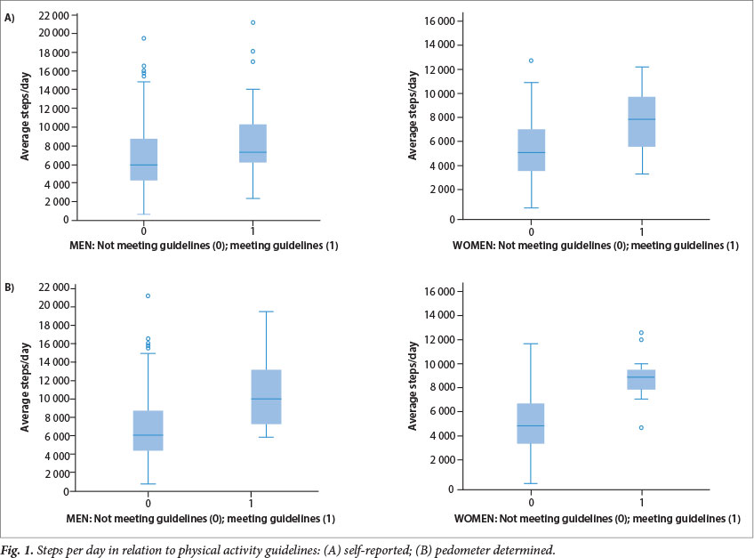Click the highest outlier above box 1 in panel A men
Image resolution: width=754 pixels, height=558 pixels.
point(253,22)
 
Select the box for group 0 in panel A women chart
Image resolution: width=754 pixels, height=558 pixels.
point(531,150)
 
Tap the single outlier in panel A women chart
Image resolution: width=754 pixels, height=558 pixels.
point(531,61)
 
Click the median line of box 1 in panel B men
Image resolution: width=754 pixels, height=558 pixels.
point(253,399)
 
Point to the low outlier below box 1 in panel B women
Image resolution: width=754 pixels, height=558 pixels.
point(641,428)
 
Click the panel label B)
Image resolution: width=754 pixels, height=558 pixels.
point(10,288)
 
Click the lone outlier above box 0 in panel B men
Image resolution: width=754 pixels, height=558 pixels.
point(148,295)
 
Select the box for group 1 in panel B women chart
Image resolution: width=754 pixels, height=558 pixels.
point(641,379)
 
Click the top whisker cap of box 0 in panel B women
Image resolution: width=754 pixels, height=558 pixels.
point(531,344)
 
